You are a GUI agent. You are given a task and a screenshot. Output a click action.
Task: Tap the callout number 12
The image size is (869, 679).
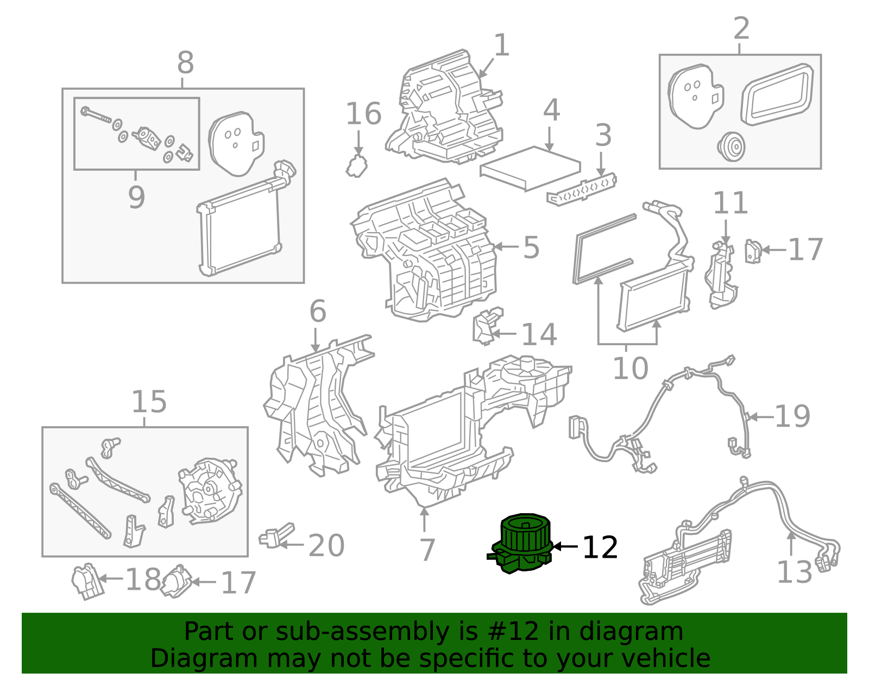coord(600,547)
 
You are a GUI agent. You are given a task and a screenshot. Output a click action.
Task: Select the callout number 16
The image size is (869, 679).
coord(363,114)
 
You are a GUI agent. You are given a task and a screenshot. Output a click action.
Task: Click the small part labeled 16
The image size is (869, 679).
coord(356,166)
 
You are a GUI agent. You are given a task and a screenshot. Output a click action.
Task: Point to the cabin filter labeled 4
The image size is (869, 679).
coord(531,167)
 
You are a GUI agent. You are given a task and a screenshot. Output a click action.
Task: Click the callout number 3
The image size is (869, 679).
coord(603,135)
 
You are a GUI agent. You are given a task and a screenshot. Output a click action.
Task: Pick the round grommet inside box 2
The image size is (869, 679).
coord(731,146)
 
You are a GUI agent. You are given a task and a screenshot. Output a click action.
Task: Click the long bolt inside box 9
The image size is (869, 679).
coord(96,115)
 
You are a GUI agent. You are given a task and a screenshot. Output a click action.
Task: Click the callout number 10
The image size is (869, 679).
coord(630,369)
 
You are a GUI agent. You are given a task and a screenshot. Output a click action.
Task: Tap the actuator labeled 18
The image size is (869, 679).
coord(86,581)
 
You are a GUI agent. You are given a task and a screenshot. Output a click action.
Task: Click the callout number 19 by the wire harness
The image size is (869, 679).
coord(792,416)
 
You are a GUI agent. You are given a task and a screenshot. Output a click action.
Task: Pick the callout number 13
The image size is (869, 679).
coord(794,572)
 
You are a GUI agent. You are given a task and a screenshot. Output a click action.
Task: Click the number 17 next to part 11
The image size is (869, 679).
coord(805,250)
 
